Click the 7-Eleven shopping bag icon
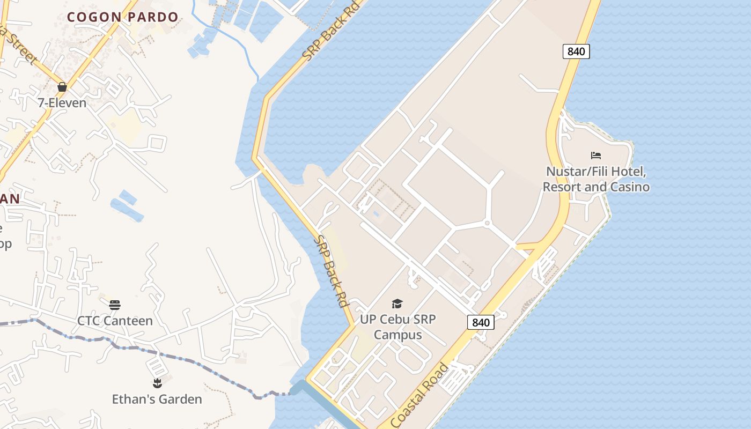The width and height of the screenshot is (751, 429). pyautogui.click(x=62, y=87)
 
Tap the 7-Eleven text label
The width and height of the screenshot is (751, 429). pyautogui.click(x=62, y=102)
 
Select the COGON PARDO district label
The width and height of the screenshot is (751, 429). pyautogui.click(x=122, y=17)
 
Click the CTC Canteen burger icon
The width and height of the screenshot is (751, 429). pyautogui.click(x=115, y=305)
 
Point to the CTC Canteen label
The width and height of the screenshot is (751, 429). pyautogui.click(x=115, y=321)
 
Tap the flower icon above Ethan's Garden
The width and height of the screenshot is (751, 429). pyautogui.click(x=157, y=383)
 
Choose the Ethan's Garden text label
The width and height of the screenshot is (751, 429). pyautogui.click(x=157, y=399)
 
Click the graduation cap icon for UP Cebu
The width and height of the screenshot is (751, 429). pyautogui.click(x=397, y=304)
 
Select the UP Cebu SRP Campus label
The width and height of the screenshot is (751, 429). pyautogui.click(x=397, y=327)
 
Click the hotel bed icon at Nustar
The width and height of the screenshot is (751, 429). pyautogui.click(x=596, y=156)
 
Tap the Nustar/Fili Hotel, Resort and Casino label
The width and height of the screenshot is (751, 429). pyautogui.click(x=596, y=179)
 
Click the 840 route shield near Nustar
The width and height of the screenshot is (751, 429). pyautogui.click(x=576, y=51)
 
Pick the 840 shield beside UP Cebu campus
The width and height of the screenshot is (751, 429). pyautogui.click(x=481, y=322)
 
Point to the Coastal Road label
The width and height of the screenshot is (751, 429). pyautogui.click(x=419, y=395)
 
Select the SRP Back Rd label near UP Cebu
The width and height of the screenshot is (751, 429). pyautogui.click(x=331, y=271)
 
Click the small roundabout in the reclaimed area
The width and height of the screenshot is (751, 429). pyautogui.click(x=488, y=223)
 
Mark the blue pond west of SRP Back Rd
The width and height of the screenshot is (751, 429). pyautogui.click(x=127, y=206)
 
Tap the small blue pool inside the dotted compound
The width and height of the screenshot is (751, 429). pyautogui.click(x=376, y=214)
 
